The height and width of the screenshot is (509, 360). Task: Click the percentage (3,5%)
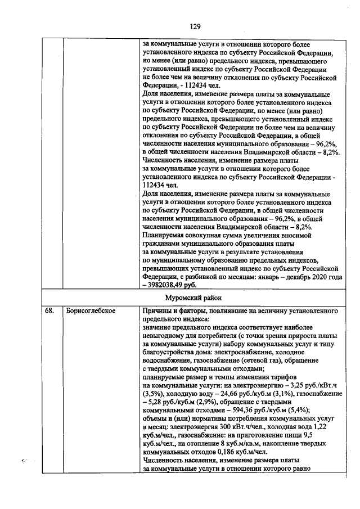point(154,395)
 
